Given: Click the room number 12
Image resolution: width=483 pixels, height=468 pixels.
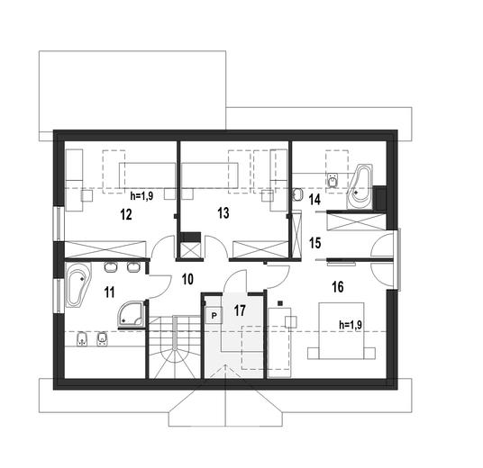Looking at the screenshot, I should (x=126, y=214).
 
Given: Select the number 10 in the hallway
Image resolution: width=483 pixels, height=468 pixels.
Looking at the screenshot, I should (x=187, y=278).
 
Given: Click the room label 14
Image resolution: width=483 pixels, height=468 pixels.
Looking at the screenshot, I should (x=314, y=199).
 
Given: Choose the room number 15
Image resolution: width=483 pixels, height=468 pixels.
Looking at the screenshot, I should (x=314, y=241).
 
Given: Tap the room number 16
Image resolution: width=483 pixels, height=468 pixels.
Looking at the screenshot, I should (x=337, y=287).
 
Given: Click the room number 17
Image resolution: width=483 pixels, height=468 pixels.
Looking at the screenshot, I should (x=239, y=310).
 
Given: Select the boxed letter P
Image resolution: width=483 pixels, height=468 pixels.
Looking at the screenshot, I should (x=214, y=315).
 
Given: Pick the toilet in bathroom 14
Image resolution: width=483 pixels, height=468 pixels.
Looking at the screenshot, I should (x=297, y=194).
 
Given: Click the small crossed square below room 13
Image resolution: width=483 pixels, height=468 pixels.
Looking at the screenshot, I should (x=190, y=247).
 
